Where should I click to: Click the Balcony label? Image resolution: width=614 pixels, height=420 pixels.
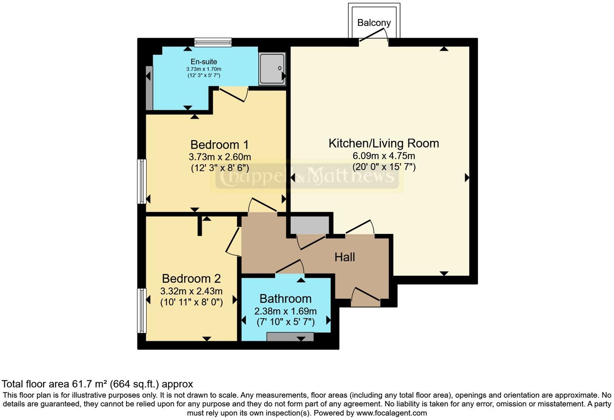click(374, 23)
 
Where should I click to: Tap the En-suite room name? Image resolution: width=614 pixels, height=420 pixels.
click(204, 62)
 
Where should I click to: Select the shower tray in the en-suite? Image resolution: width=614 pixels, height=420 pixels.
click(272, 69)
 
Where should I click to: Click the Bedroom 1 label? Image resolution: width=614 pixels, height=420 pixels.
click(219, 145)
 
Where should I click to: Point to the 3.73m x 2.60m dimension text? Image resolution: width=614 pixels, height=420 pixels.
click(219, 157)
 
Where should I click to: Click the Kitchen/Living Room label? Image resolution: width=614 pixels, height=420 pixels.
click(383, 143)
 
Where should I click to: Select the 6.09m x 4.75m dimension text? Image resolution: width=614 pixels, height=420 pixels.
click(383, 156)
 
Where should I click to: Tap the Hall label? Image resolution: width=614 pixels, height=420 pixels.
click(345, 257)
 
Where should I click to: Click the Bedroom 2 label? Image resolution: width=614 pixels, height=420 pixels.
click(191, 279)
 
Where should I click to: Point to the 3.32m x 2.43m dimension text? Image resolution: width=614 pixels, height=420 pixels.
click(191, 291)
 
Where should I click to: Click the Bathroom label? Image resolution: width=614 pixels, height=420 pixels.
click(285, 299)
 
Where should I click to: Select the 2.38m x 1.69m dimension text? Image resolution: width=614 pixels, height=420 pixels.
click(285, 311)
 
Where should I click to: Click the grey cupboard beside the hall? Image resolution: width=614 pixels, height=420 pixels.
click(309, 225)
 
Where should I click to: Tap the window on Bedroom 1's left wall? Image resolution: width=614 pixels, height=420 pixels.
click(142, 181)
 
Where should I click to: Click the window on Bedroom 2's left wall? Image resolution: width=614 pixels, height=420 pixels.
click(142, 310)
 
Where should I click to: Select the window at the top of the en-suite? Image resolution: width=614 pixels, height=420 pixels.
click(213, 42)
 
